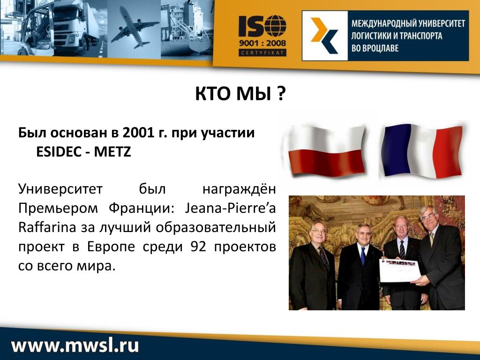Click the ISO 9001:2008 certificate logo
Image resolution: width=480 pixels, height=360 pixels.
[262, 36]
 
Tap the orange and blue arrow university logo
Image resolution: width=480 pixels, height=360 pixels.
[324, 36]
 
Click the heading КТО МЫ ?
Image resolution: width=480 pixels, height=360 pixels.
[240, 93]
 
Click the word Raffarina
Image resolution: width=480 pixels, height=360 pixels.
[47, 227]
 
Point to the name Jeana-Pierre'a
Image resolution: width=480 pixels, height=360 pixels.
[230, 209]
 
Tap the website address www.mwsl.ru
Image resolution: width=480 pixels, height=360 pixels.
[75, 345]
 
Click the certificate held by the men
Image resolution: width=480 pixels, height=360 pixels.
[399, 270]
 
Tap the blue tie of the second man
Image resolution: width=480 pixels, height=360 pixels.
[363, 255]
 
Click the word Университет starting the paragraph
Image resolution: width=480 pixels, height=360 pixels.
[60, 189]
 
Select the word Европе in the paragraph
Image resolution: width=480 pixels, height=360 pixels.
[111, 247]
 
